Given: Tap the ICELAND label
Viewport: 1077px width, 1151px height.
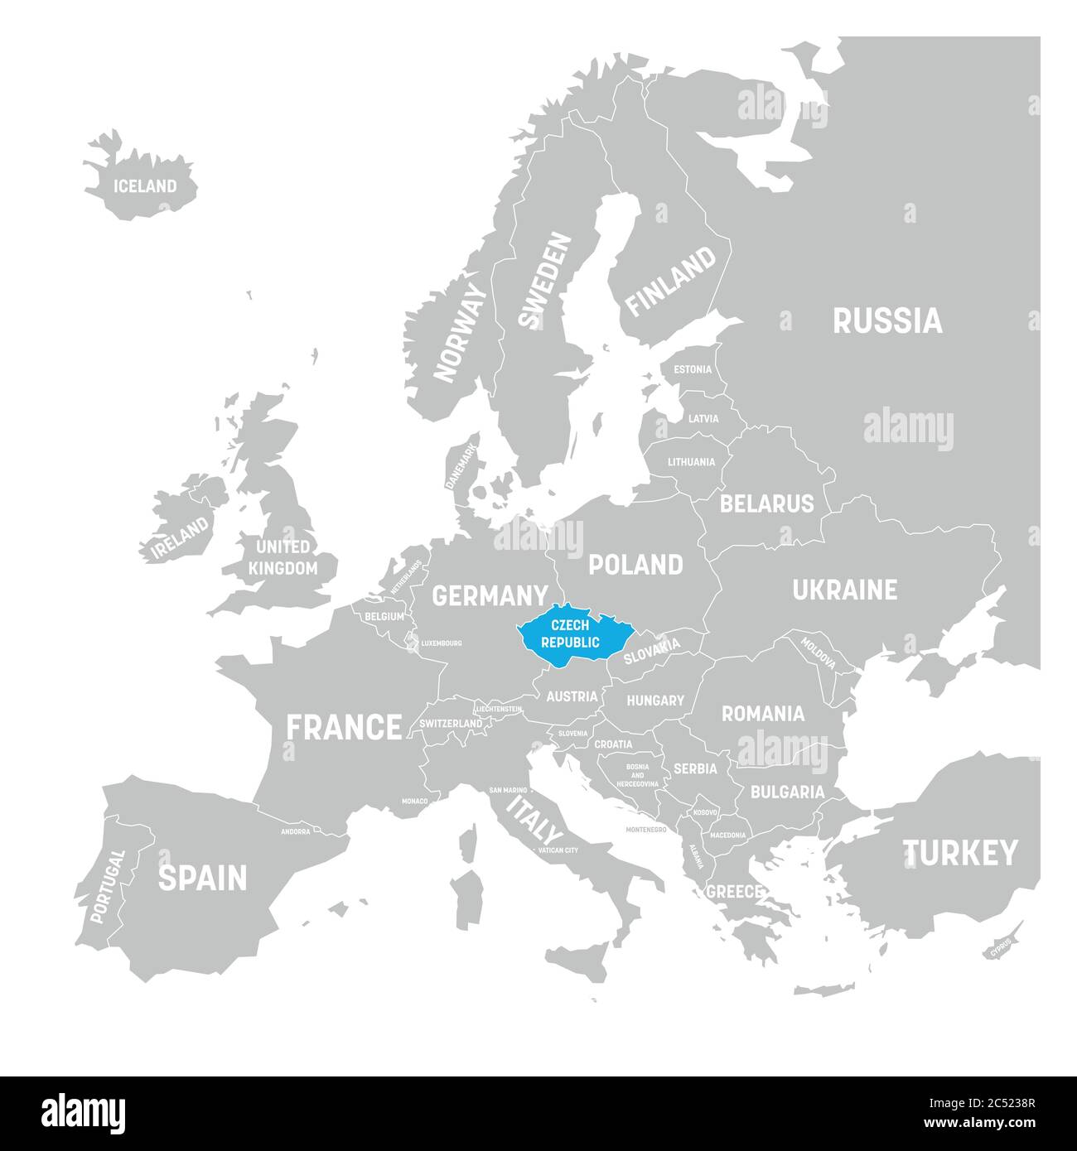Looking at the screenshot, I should click(145, 186).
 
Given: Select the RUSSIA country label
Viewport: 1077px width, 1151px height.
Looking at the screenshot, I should click(887, 320).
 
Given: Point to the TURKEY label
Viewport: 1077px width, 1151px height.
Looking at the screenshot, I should click(959, 852).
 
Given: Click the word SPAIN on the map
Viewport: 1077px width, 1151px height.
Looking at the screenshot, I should click(202, 878).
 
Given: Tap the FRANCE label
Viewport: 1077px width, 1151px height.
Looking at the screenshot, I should click(344, 727).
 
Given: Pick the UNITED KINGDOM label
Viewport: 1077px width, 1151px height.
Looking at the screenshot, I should click(283, 557).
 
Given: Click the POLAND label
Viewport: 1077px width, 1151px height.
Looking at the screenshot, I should click(635, 565).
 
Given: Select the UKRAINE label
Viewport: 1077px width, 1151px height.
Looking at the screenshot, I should click(844, 590).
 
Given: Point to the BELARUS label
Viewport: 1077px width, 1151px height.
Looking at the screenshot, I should click(766, 503).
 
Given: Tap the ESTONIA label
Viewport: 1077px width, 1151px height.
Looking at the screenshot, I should click(692, 369).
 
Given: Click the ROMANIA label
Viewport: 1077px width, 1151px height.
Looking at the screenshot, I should click(762, 713).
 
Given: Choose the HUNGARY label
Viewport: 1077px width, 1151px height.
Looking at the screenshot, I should click(654, 701).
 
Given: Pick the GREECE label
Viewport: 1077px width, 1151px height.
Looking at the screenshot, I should click(734, 892).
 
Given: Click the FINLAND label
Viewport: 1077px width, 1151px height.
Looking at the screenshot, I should click(670, 282).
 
